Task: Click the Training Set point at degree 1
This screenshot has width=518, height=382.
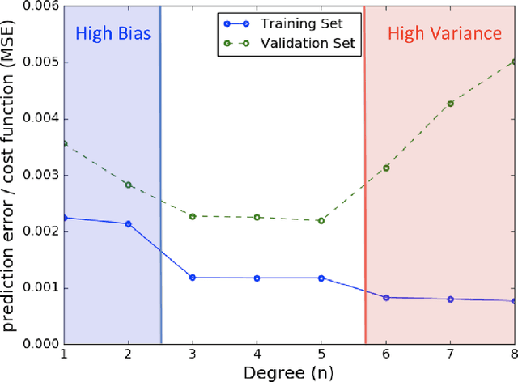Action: (64, 218)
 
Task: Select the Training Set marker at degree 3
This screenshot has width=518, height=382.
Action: (193, 278)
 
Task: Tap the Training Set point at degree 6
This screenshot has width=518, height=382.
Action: (386, 298)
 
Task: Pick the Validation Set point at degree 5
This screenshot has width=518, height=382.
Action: (321, 220)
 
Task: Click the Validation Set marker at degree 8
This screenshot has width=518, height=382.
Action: (514, 62)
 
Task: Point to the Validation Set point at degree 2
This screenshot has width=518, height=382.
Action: (128, 185)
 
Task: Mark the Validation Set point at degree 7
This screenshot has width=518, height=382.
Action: (450, 104)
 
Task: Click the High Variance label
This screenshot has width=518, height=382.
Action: (444, 34)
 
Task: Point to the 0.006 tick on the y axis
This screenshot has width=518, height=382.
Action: (39, 6)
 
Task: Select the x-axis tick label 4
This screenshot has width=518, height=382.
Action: (257, 354)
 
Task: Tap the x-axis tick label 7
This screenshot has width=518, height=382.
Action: (450, 354)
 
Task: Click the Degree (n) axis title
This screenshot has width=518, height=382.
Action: (289, 372)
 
